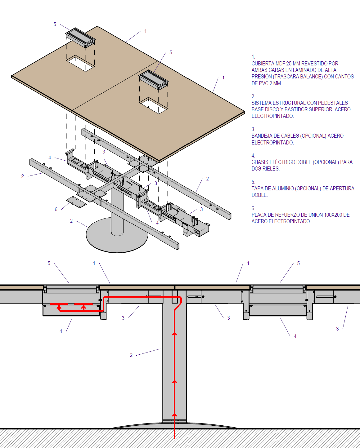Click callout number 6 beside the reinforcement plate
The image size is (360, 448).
[56, 210]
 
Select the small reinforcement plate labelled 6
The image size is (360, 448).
[76, 202]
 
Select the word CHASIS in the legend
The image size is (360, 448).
[260, 162]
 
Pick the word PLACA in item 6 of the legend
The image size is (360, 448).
[259, 215]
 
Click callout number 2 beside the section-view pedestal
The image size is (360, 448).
[131, 355]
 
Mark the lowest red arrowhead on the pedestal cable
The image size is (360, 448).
[175, 415]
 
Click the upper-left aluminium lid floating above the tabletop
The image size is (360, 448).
[80, 38]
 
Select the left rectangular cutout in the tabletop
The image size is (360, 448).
[80, 63]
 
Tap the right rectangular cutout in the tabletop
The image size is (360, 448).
[154, 105]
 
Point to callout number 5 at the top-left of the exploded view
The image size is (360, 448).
[55, 24]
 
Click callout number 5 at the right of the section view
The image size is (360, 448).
[299, 263]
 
